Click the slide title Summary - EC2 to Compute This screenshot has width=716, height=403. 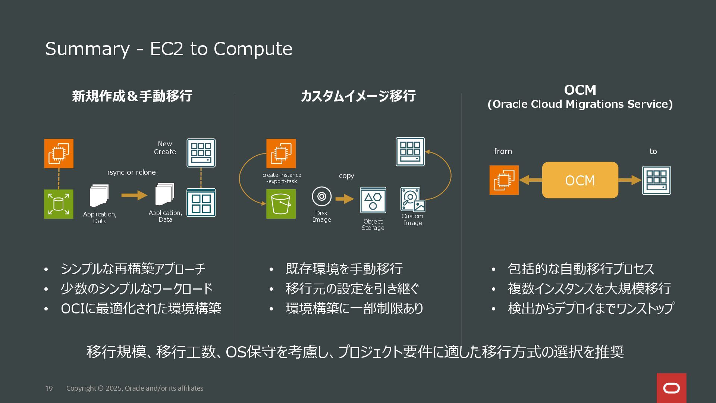169,49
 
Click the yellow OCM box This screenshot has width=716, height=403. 580,180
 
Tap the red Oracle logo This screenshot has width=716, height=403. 671,388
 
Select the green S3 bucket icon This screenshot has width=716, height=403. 281,204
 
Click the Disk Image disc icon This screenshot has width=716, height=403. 321,196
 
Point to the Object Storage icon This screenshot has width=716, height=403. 373,200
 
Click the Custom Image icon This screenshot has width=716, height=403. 412,200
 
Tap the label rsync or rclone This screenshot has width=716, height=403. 131,172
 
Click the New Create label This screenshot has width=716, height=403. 165,148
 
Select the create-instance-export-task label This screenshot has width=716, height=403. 282,178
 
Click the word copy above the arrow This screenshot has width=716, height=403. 346,176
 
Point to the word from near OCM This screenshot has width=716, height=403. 503,151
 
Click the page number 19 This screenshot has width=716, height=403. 49,388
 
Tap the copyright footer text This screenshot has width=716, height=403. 135,388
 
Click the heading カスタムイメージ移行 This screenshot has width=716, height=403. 358,96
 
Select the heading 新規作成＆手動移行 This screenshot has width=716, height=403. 132,96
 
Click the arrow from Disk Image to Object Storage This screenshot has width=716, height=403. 344,199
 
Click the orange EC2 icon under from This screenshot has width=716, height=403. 504,180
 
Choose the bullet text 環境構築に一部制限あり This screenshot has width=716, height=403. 354,308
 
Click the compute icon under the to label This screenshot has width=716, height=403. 656,181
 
